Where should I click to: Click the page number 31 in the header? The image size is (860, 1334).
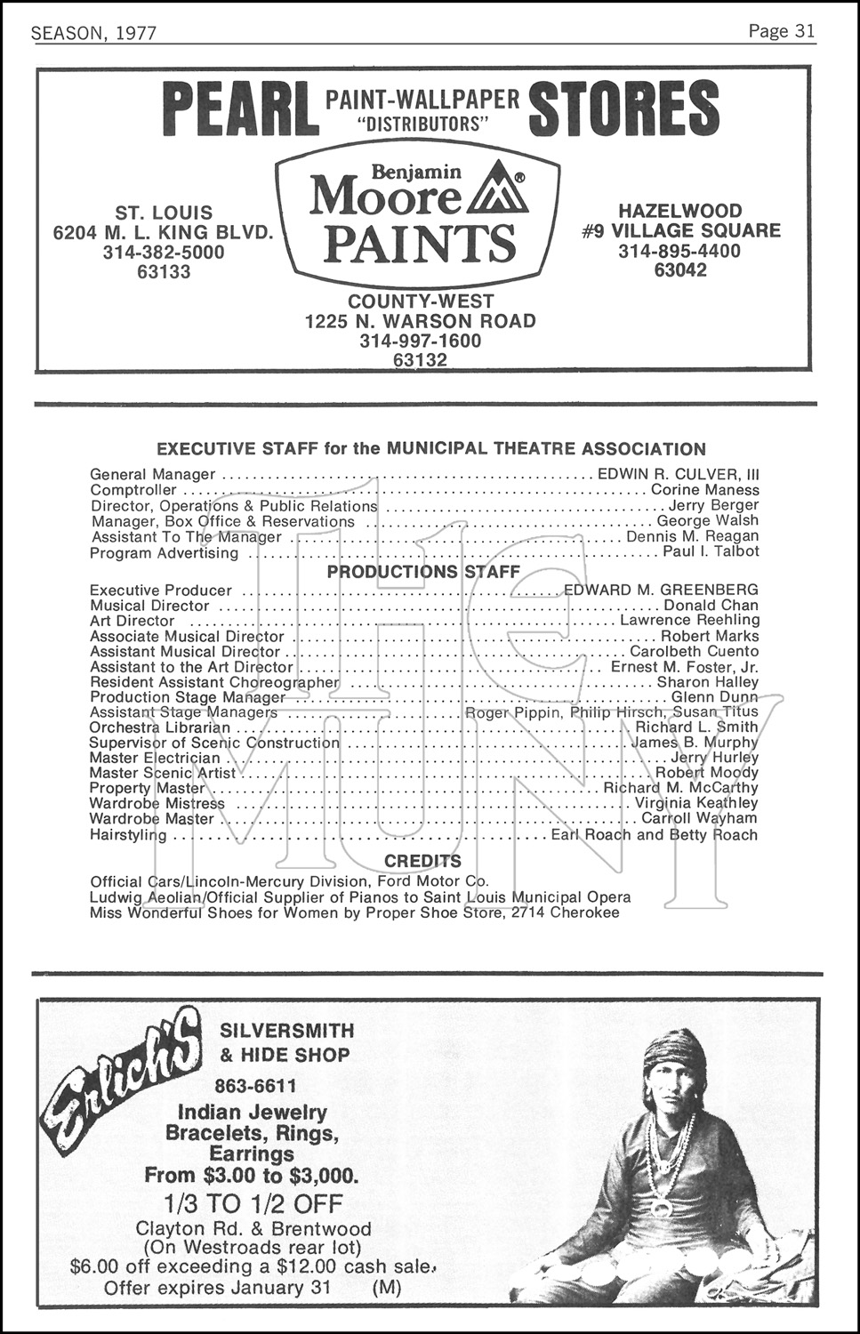(x=804, y=32)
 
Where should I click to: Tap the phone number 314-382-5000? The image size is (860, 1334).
(x=163, y=253)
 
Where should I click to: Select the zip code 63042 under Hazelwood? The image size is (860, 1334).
(x=680, y=270)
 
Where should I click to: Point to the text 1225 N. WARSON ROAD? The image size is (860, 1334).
(x=420, y=321)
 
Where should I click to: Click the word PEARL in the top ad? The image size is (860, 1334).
(x=242, y=108)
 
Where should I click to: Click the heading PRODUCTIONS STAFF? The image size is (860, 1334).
(x=423, y=572)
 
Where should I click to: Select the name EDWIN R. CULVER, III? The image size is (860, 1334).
(x=678, y=475)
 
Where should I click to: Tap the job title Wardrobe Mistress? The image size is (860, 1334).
(x=157, y=803)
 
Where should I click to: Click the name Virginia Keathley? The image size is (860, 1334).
(x=695, y=803)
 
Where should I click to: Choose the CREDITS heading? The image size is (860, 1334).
(x=422, y=861)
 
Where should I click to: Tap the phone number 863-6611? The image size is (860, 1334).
(x=255, y=1086)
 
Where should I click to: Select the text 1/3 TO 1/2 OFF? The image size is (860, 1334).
(x=253, y=1204)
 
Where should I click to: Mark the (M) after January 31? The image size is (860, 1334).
(x=387, y=1287)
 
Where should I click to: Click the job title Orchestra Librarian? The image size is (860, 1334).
(x=148, y=727)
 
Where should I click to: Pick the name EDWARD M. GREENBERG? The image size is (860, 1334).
(x=661, y=590)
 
